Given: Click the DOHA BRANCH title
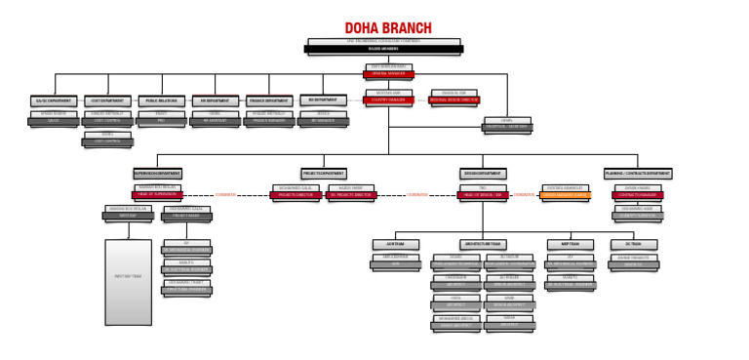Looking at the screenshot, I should [388, 28].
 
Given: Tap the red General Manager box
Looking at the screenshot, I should [389, 73].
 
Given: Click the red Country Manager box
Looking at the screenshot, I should [389, 100].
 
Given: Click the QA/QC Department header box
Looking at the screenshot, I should [55, 100].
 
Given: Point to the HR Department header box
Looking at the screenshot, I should [215, 100].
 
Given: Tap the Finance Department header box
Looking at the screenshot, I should [269, 100].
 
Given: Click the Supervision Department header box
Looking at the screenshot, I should [156, 174].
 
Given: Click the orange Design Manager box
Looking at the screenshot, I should [566, 195].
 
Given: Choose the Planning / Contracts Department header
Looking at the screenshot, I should [638, 174].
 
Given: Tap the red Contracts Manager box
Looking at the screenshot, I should [638, 195].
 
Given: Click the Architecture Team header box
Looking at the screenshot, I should [484, 243].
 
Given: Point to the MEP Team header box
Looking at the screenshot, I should [570, 243].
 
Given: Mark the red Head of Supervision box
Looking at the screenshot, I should [156, 195].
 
